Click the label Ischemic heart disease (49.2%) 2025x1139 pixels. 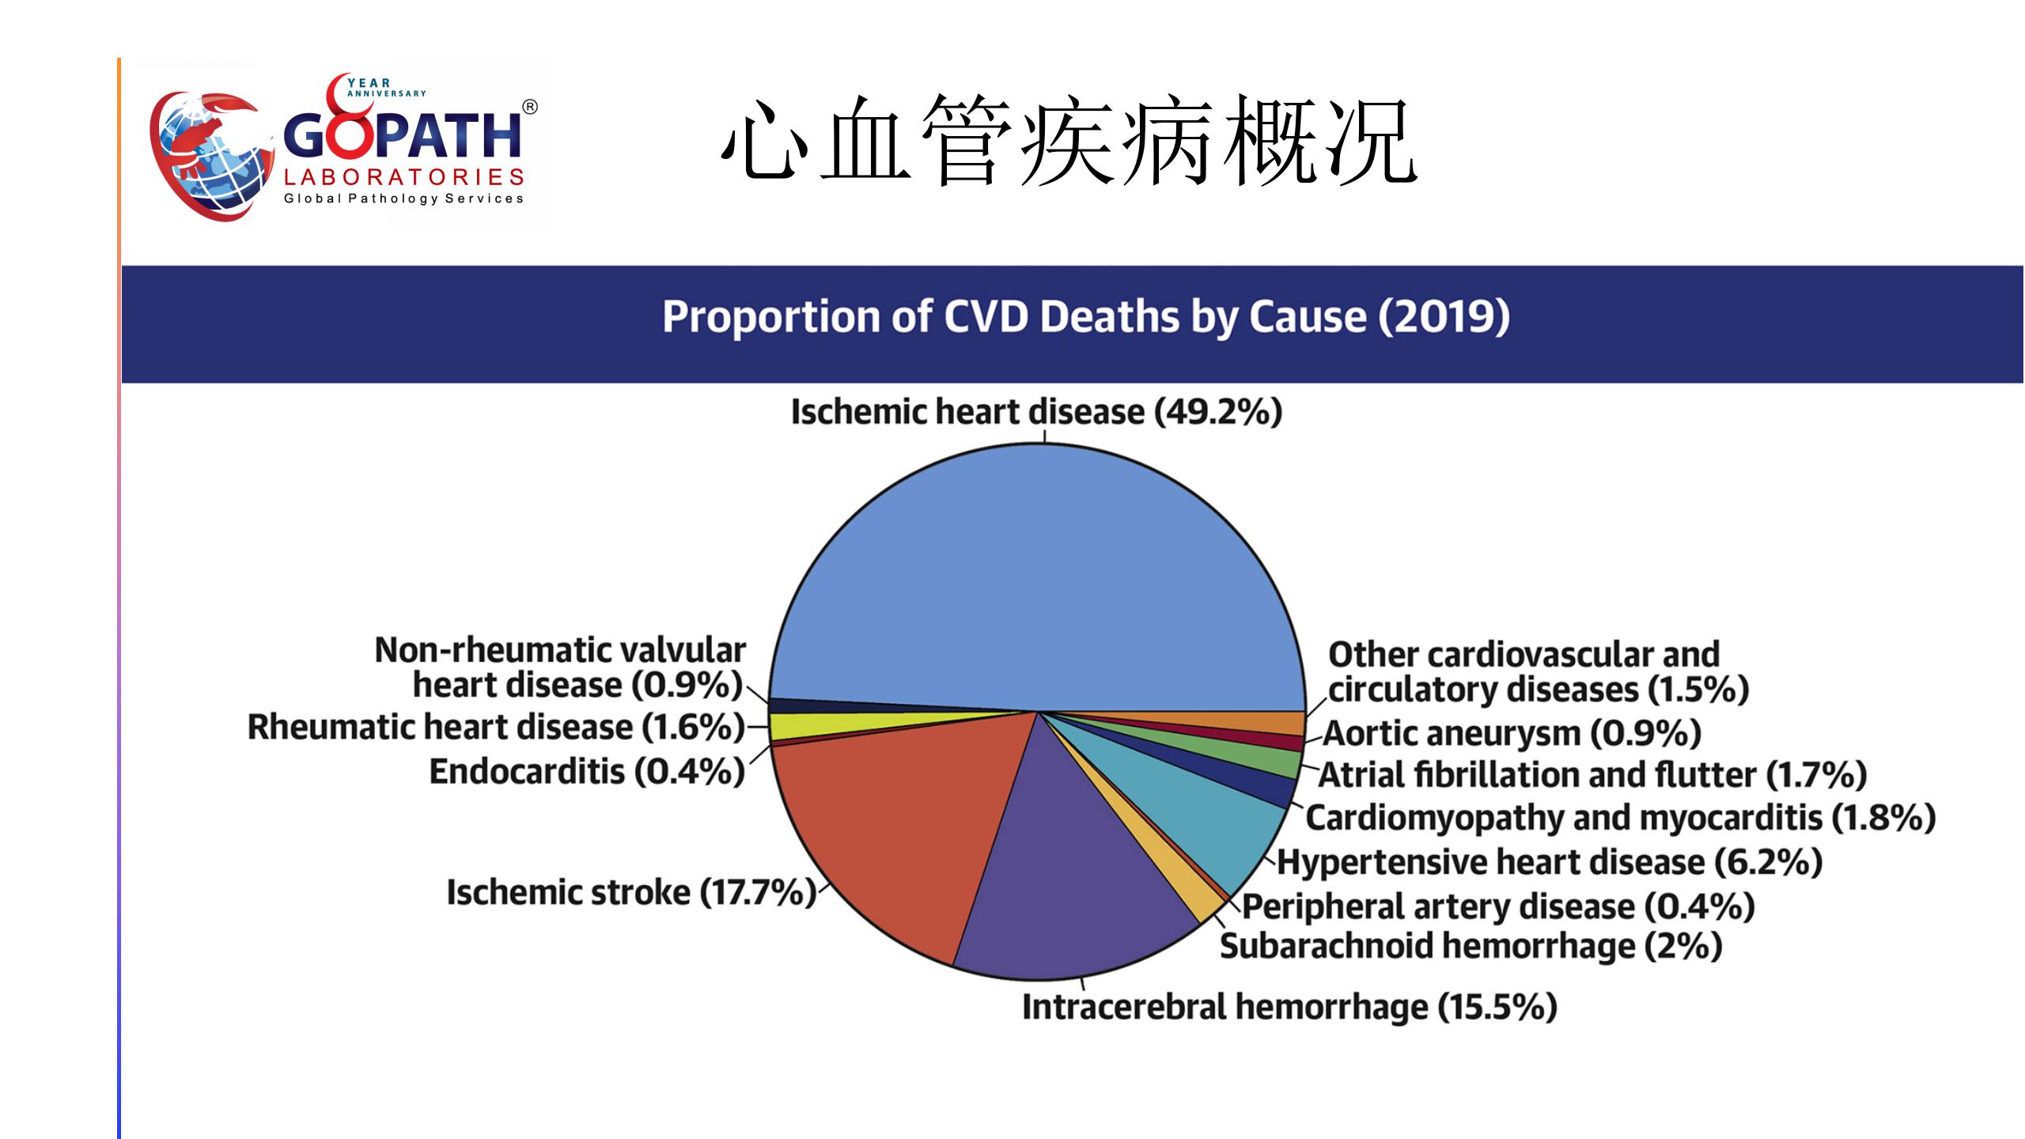(1036, 412)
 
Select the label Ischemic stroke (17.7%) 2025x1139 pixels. (631, 893)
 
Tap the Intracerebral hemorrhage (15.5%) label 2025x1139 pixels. (1289, 1008)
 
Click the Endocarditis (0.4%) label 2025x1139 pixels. (587, 772)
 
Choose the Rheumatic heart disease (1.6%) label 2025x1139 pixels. (497, 728)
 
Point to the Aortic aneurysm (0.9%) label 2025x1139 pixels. (1512, 734)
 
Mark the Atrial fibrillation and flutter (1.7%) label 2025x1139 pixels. (1592, 775)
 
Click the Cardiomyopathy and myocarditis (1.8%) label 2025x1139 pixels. (1620, 818)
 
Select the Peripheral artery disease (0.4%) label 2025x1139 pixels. (1498, 906)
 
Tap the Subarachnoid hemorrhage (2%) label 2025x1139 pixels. (1471, 947)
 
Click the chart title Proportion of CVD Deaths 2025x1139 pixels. (1086, 317)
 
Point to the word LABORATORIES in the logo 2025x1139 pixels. (404, 177)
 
